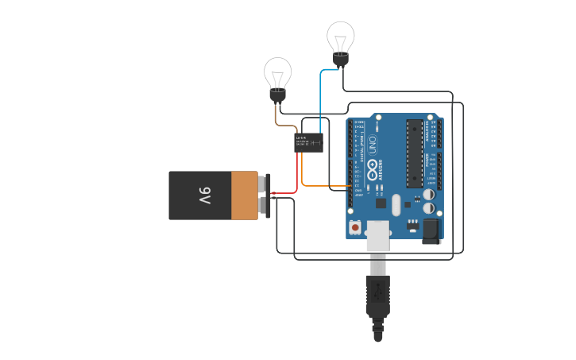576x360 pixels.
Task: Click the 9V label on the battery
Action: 204,195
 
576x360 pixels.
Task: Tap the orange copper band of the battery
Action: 245,195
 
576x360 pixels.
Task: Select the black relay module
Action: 309,143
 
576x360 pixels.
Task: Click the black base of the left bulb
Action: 277,95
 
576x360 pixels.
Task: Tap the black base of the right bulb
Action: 341,59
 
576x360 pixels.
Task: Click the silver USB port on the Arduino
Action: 378,235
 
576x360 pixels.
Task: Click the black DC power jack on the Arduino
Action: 431,230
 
